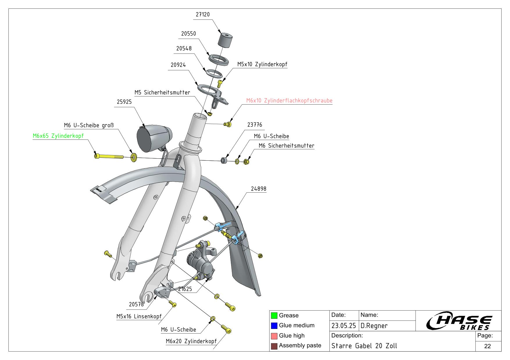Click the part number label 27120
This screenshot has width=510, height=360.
203,15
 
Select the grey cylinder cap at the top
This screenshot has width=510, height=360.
225,40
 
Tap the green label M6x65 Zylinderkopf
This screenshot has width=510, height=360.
58,136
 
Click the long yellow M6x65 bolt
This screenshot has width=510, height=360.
109,156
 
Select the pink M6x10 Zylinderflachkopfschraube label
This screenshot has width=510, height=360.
289,101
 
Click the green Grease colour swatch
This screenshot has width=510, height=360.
274,316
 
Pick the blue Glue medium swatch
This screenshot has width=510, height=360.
274,326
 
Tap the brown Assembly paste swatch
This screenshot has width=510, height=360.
274,346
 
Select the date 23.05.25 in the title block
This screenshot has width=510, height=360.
344,326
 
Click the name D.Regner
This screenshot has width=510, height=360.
374,326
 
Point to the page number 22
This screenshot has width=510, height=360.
488,346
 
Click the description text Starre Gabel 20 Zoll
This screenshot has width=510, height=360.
364,346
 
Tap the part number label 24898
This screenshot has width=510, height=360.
258,189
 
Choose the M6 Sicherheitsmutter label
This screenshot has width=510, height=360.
286,146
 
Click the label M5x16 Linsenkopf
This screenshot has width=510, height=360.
139,316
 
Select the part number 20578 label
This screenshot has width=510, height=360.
136,304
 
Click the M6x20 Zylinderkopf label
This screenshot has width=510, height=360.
191,341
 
